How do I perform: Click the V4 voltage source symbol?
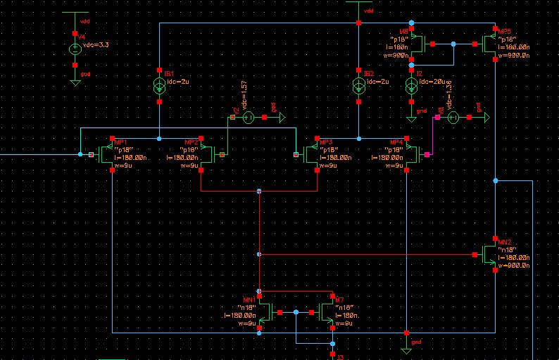click(75, 49)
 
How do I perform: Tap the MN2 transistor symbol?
click(491, 255)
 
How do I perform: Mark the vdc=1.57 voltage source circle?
click(249, 118)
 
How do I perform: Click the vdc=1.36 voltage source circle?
click(454, 118)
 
